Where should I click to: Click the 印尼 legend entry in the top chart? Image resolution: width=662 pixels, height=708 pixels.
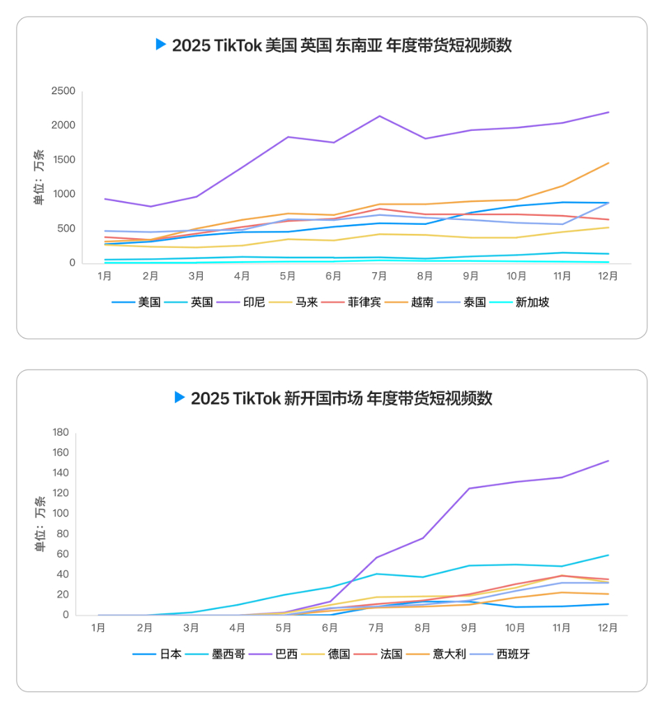pos(254,303)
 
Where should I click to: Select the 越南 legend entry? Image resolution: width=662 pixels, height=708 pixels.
pos(422,303)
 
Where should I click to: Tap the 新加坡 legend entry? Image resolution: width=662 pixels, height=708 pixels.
pos(532,303)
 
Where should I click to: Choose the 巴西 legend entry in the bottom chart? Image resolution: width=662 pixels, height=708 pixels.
pos(286,654)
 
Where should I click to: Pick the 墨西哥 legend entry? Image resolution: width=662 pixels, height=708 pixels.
pos(228,654)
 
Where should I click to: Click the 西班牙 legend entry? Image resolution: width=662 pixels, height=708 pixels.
pos(514,654)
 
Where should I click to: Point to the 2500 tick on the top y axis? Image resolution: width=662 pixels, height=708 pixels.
pos(63,91)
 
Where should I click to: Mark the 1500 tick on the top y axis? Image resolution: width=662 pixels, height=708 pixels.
pos(63,160)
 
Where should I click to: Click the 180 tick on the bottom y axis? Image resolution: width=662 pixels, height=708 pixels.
pos(61,432)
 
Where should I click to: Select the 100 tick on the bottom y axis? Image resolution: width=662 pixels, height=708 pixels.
pos(61,514)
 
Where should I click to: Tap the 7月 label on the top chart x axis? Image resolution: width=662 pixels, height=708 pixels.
pos(379,276)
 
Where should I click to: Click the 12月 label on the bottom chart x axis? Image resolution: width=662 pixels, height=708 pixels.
pos(608,628)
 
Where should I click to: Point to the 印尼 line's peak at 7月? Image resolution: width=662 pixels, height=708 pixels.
pos(379,116)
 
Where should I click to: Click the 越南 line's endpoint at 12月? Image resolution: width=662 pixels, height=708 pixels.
pos(608,163)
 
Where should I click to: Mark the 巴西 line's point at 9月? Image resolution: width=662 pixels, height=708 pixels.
pos(469,489)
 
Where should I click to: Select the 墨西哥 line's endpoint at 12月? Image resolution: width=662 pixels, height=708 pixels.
pos(608,556)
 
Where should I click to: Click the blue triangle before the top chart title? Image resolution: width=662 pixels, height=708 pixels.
pos(161,45)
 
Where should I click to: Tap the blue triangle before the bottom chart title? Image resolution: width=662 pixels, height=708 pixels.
pos(180,398)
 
